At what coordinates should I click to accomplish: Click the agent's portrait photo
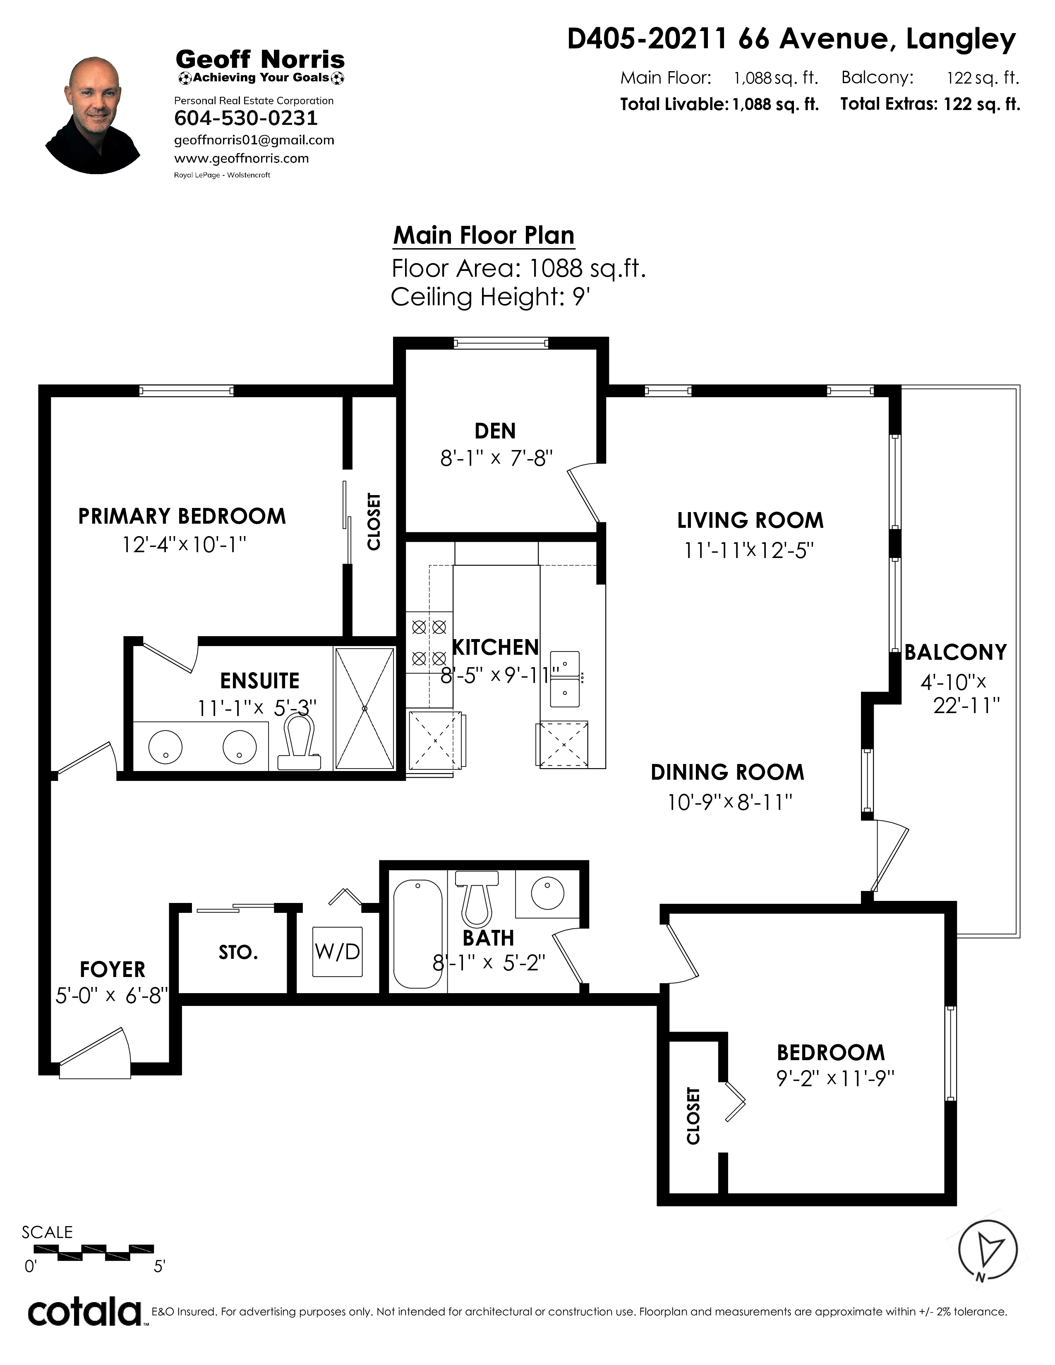tap(93, 116)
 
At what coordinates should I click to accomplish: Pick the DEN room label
tap(495, 431)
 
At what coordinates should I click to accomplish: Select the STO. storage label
tap(238, 953)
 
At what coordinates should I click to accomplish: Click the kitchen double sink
tap(564, 678)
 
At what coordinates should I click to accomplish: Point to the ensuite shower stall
tap(365, 708)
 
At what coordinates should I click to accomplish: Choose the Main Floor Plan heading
tap(484, 236)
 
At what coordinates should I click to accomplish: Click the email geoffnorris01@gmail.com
tap(254, 140)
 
